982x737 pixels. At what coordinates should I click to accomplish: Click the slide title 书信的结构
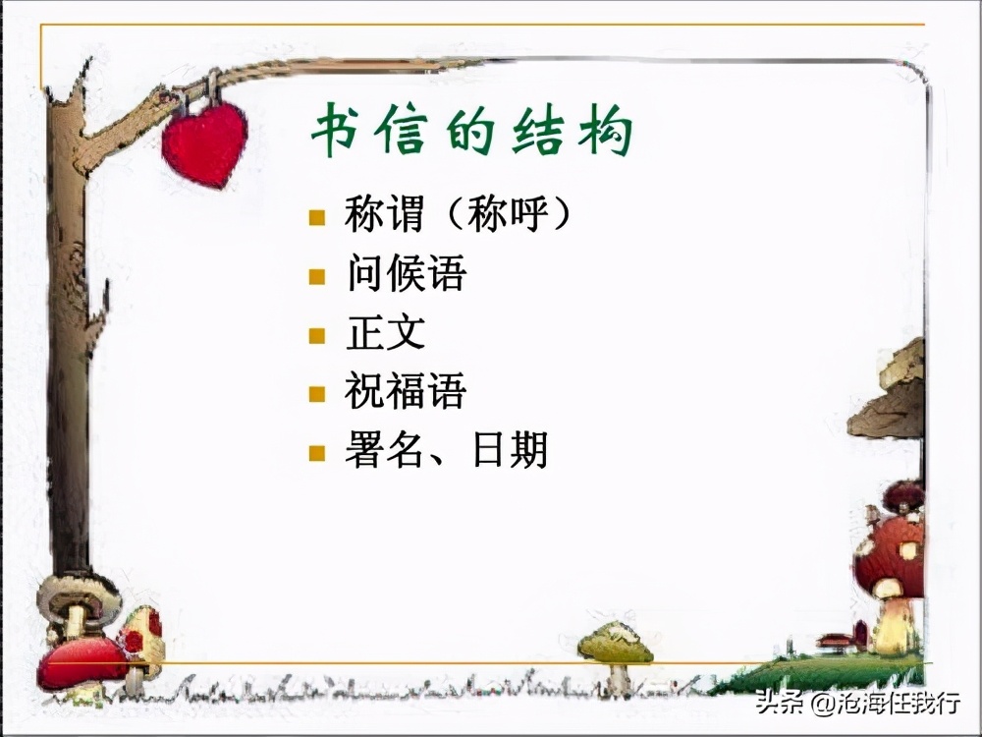coord(471,133)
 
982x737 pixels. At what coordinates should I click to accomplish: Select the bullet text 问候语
coord(406,274)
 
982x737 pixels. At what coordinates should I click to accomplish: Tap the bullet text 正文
coord(385,333)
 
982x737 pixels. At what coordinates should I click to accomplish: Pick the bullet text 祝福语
coord(406,392)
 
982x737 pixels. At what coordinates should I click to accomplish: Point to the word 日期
coord(510,451)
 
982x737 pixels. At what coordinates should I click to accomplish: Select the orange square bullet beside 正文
coord(316,335)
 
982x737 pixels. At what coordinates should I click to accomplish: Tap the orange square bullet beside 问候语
coord(316,276)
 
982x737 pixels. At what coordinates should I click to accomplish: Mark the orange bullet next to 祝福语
coord(316,394)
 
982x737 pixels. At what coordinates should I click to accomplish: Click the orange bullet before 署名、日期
coord(316,453)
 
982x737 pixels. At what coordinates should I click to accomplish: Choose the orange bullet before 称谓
coord(316,217)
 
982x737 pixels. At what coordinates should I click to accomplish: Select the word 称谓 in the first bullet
coord(385,215)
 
